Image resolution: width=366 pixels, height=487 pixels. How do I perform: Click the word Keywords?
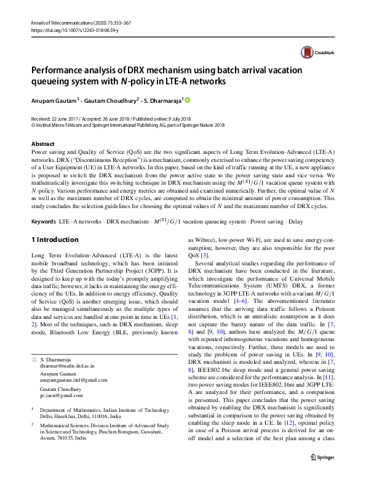pos(42,220)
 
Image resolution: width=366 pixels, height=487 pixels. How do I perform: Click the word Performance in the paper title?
pos(60,70)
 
